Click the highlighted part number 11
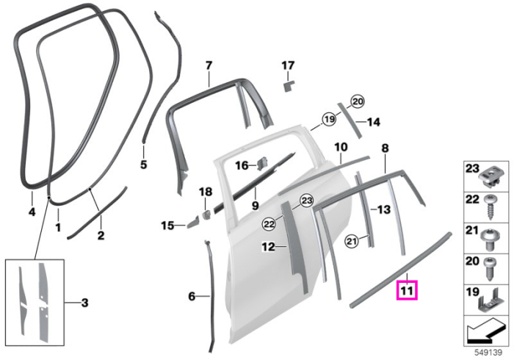(x=407, y=290)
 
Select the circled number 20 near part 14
(x=358, y=101)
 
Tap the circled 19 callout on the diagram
(x=329, y=119)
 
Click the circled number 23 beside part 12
(x=307, y=201)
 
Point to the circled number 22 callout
(x=269, y=224)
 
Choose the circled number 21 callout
(x=352, y=242)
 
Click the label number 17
(x=288, y=65)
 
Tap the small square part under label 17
(x=289, y=87)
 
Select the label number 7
(x=209, y=65)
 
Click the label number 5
(x=144, y=165)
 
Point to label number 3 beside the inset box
(x=84, y=302)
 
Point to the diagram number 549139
(x=489, y=353)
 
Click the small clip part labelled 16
(x=262, y=163)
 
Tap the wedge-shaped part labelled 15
(x=192, y=223)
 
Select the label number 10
(x=341, y=147)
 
